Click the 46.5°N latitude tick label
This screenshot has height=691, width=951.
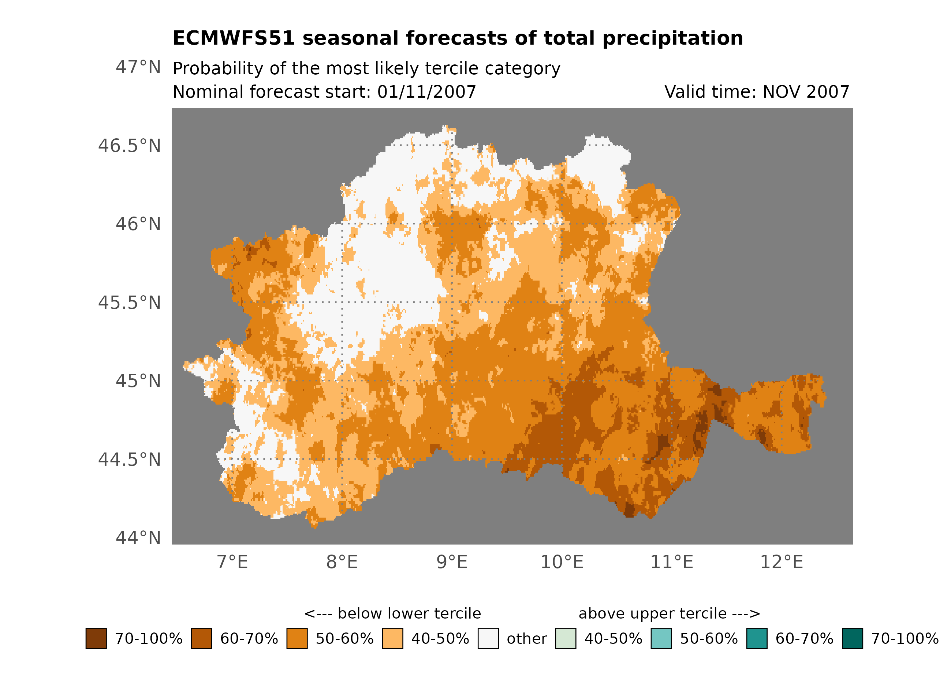click(x=129, y=146)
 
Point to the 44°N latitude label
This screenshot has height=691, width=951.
click(x=138, y=538)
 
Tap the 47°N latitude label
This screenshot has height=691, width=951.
click(x=138, y=67)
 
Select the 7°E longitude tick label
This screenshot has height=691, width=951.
click(x=232, y=562)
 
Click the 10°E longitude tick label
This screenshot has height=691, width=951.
click(x=562, y=562)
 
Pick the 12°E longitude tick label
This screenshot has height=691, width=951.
click(x=781, y=562)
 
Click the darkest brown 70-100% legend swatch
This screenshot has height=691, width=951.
click(x=96, y=638)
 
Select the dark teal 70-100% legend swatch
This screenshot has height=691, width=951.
click(x=852, y=638)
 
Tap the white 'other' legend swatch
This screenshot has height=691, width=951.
click(x=488, y=638)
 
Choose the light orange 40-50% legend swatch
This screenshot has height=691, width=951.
click(x=392, y=638)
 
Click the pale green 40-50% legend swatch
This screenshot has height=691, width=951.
click(x=565, y=638)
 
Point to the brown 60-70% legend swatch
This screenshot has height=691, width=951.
click(x=201, y=638)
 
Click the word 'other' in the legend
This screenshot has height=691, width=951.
click(x=527, y=639)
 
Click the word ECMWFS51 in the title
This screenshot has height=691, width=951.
click(x=234, y=38)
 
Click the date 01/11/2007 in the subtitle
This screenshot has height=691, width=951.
click(x=426, y=92)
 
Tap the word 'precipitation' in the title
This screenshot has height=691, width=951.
click(x=672, y=38)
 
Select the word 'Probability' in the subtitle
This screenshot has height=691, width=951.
click(x=218, y=68)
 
